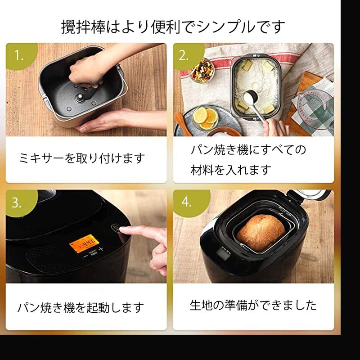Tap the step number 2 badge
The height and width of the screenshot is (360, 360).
tap(187, 55)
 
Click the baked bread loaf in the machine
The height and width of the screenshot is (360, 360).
tap(261, 233)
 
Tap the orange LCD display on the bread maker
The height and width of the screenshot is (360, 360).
tap(84, 243)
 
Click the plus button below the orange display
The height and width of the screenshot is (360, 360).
tap(101, 249)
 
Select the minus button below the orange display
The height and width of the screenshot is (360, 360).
tap(85, 256)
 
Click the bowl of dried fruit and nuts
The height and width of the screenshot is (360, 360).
tap(202, 71)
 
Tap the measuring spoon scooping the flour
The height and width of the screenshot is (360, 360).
tap(254, 104)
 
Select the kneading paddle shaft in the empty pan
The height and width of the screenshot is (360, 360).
tap(80, 98)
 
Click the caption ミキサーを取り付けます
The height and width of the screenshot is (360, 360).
tap(82, 158)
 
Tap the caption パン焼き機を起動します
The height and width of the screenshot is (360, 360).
tap(81, 307)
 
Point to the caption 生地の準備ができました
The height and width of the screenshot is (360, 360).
tap(253, 305)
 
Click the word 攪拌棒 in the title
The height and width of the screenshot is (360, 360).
tap(83, 27)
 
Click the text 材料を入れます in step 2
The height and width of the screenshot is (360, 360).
tap(231, 170)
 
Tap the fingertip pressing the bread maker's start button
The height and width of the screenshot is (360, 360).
tap(122, 229)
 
